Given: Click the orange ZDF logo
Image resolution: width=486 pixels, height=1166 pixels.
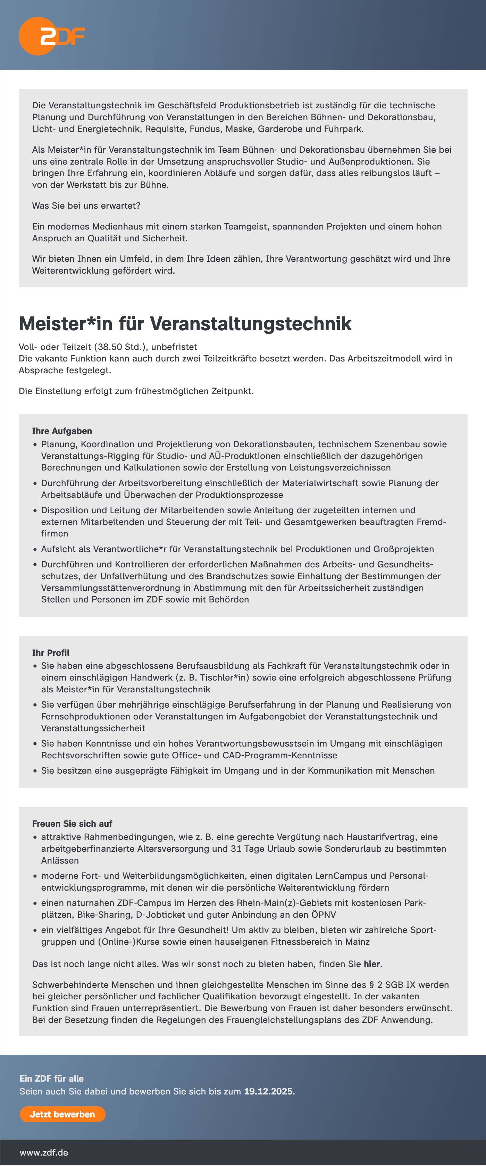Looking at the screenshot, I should point(51,36).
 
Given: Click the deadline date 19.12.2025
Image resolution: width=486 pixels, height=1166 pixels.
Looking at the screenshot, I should point(269,1091).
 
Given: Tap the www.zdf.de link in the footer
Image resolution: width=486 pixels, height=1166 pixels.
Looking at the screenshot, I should point(44,1152).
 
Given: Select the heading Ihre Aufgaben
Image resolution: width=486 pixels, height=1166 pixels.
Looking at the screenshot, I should point(62,431).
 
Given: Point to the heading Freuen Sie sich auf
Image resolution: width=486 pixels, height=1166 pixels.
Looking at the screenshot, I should point(72,824).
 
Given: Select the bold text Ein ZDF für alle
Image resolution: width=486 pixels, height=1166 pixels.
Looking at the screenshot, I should point(52,1078).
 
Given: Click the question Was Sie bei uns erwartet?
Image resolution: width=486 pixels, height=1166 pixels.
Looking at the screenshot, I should point(86,206).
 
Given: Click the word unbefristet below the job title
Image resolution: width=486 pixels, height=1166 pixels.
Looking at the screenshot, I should point(174,347).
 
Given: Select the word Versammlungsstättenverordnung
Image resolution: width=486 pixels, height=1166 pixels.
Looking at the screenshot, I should point(110,588).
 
